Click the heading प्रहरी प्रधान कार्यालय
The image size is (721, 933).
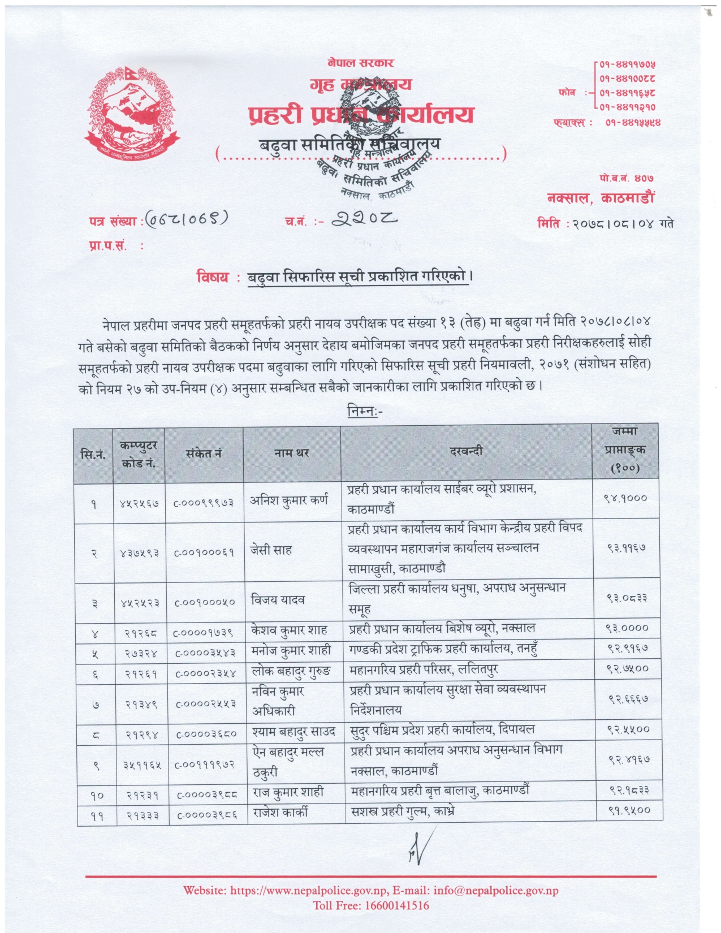click(361, 115)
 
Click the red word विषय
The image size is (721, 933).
click(213, 277)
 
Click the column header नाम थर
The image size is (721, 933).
click(291, 453)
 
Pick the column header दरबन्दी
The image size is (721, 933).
click(467, 451)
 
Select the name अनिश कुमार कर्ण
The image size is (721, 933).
click(289, 500)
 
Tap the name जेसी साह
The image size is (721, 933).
click(271, 550)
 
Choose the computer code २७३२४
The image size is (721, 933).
click(141, 653)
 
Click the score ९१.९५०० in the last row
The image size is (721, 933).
click(628, 811)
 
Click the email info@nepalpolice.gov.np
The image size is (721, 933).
click(496, 891)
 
